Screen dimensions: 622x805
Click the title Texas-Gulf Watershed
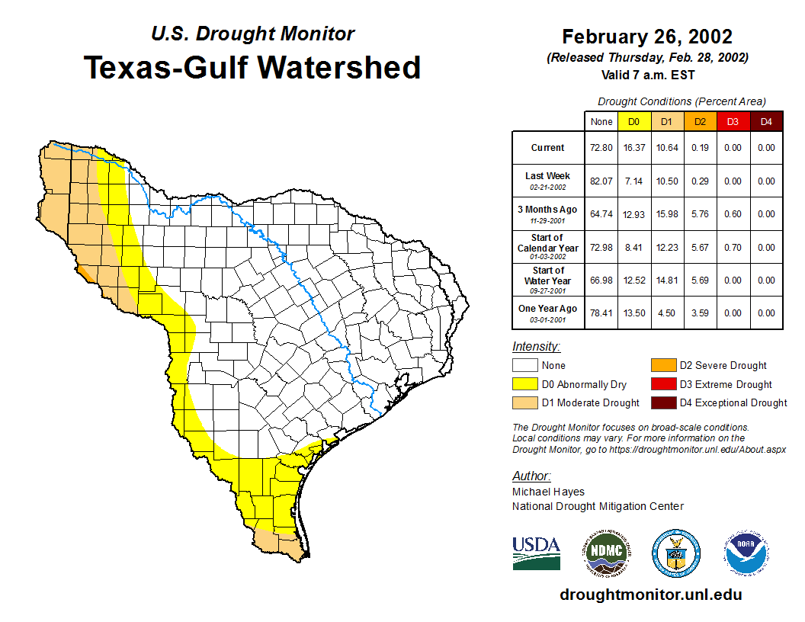click(x=252, y=67)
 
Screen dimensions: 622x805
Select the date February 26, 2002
click(x=647, y=37)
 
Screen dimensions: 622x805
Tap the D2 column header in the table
click(x=700, y=121)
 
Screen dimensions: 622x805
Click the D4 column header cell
click(x=766, y=121)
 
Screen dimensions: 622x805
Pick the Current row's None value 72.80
click(x=601, y=148)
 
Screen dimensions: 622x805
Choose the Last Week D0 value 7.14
click(x=634, y=181)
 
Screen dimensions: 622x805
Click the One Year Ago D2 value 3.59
click(x=700, y=313)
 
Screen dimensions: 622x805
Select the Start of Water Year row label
click(x=547, y=280)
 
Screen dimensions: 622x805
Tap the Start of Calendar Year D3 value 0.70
click(x=733, y=248)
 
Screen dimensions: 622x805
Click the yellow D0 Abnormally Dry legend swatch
click(x=525, y=384)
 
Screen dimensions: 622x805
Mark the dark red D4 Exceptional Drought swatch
click(x=662, y=402)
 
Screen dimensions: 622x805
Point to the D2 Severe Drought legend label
click(x=723, y=366)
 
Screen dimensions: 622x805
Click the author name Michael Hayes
click(x=548, y=492)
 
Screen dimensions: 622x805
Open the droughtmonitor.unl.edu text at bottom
click(x=650, y=595)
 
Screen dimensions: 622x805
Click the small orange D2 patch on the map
click(x=82, y=271)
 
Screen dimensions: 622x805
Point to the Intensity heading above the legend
click(x=536, y=347)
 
